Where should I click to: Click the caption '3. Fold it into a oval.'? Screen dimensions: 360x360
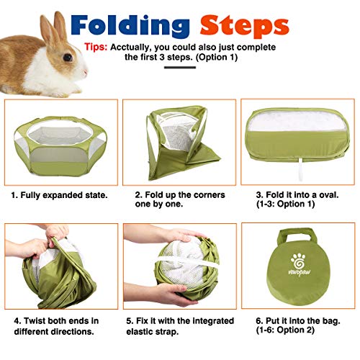295,195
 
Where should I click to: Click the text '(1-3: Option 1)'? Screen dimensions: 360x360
284,205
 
